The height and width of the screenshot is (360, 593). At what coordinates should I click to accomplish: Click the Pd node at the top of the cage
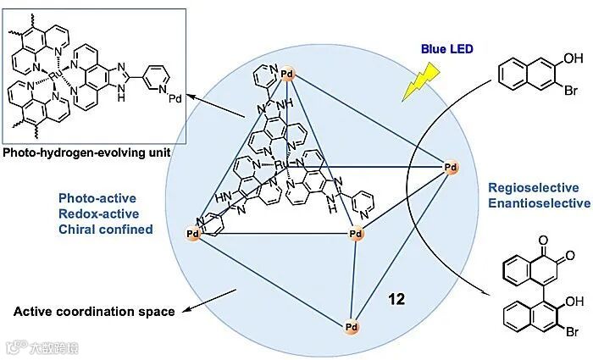coord(287,73)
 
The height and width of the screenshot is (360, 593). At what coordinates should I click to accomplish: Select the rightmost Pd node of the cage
coord(452,169)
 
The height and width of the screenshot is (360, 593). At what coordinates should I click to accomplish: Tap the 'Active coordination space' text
coord(94,311)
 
